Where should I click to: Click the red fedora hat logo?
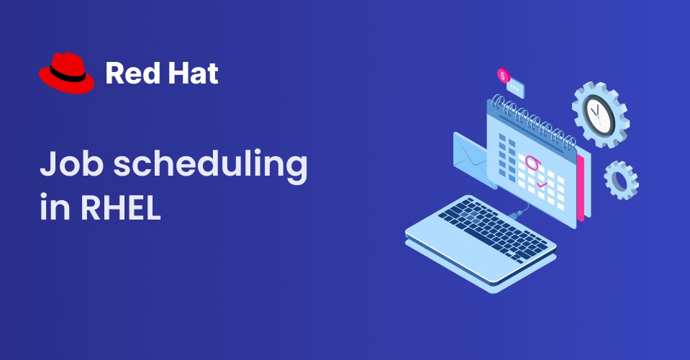(66, 73)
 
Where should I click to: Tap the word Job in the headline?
(65, 166)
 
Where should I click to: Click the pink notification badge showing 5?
(503, 75)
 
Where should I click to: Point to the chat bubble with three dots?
(516, 88)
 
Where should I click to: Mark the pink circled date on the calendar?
(533, 163)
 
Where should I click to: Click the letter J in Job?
(47, 166)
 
